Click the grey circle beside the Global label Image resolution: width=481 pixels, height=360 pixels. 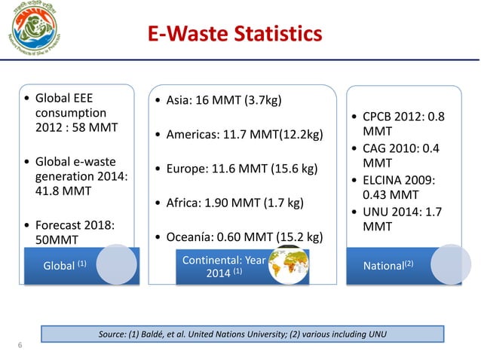click(118, 265)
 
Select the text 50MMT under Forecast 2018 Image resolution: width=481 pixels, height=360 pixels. click(60, 241)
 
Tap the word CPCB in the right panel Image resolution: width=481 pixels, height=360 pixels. click(376, 117)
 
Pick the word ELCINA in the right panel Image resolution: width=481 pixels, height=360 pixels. click(385, 179)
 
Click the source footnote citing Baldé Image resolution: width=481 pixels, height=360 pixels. click(241, 333)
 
